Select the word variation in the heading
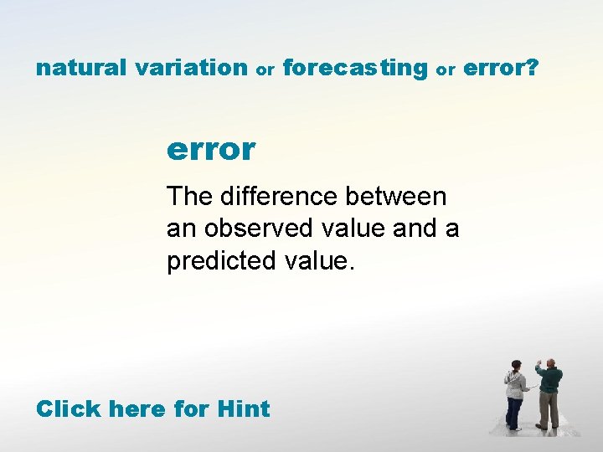[190, 68]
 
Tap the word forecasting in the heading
[355, 68]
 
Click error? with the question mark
[500, 68]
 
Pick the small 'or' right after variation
[265, 70]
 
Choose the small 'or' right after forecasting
[445, 70]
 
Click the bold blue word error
[211, 150]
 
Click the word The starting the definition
[189, 197]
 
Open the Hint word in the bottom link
[243, 409]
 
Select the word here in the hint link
[138, 409]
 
